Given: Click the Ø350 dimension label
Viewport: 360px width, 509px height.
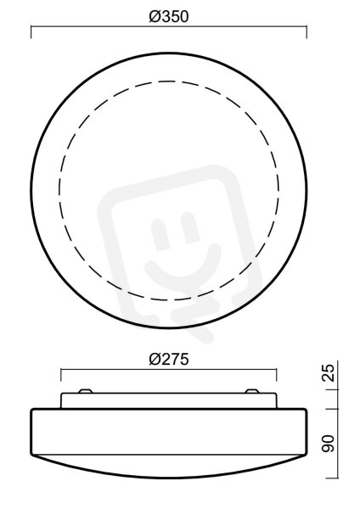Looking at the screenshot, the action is click(169, 17).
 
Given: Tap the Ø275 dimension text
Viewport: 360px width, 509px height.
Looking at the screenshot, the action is click(169, 360).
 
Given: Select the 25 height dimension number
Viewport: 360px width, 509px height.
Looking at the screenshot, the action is click(329, 372).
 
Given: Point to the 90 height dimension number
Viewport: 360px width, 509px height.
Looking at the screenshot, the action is click(329, 444).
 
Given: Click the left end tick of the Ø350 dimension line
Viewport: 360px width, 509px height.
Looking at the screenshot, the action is click(31, 32).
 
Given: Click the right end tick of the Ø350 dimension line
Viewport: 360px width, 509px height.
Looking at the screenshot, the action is click(307, 32).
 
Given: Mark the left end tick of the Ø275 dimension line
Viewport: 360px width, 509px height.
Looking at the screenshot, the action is click(61, 375).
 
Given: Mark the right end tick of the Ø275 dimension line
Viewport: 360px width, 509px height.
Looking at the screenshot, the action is click(277, 375).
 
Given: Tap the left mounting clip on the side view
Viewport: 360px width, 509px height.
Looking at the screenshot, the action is click(86, 391).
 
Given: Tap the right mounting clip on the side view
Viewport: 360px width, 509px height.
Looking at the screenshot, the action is click(252, 391).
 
